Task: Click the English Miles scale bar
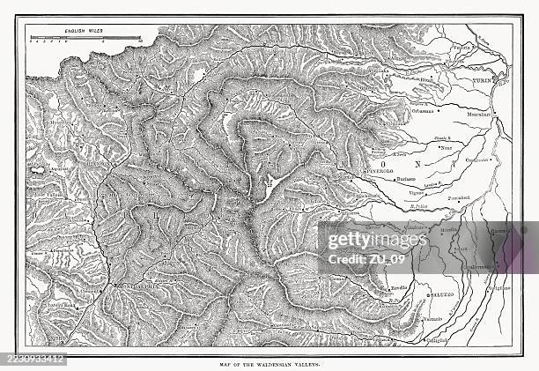click(84, 39)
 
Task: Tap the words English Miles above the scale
click(84, 31)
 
